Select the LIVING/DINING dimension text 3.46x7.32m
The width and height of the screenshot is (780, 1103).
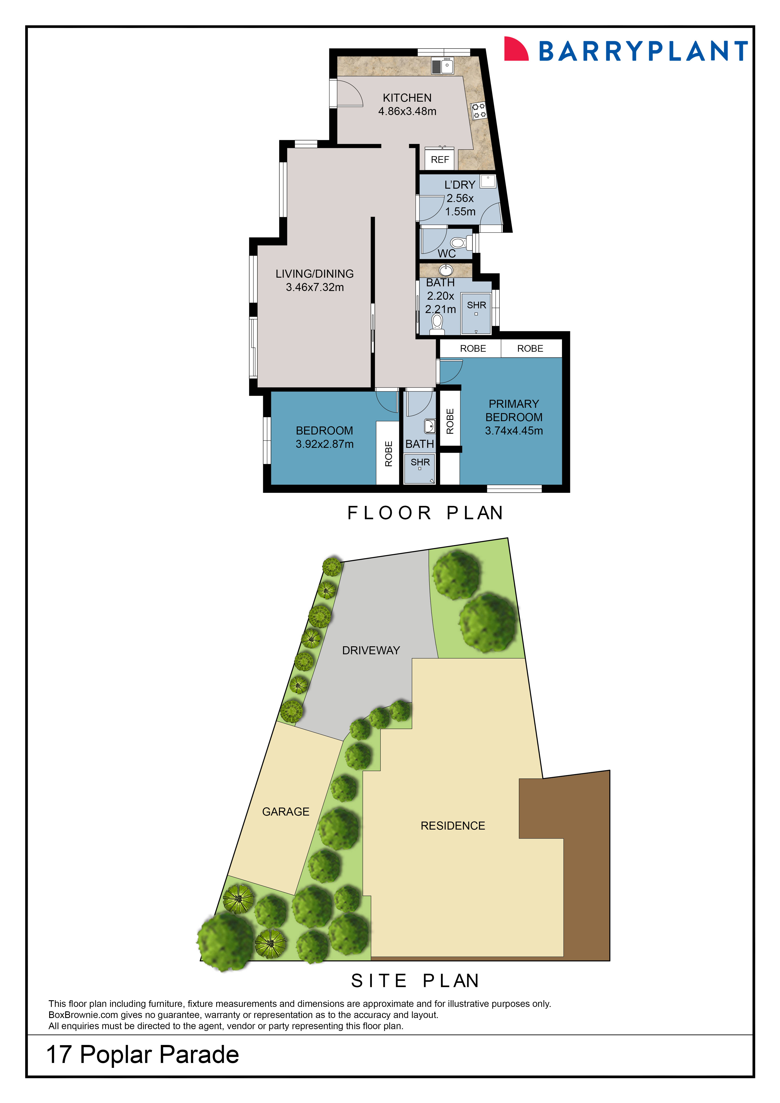point(315,287)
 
